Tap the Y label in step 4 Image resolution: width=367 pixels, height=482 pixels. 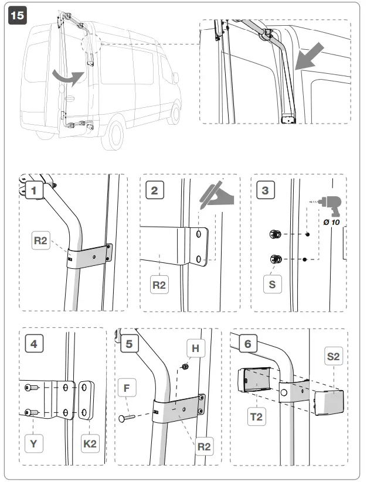(33, 443)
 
